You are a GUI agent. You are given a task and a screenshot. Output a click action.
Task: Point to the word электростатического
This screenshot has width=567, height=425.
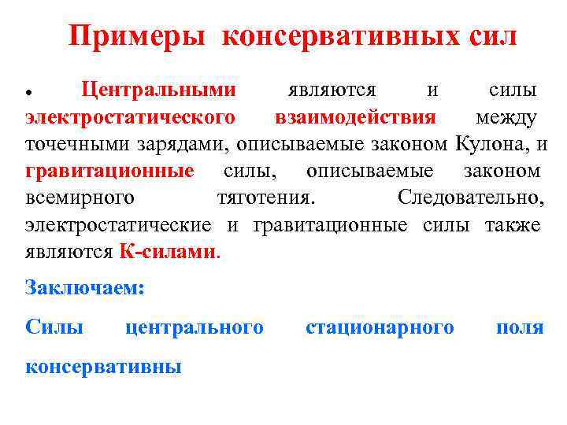(130, 118)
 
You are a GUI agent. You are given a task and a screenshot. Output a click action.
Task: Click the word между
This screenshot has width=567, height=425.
(506, 118)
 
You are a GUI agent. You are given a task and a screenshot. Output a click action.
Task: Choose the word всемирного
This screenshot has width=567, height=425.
(80, 198)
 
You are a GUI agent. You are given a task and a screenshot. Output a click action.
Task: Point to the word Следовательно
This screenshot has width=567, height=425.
(470, 198)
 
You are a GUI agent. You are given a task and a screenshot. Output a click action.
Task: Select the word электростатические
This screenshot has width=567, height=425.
(118, 225)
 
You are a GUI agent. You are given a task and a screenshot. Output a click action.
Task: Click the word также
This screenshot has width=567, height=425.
(512, 225)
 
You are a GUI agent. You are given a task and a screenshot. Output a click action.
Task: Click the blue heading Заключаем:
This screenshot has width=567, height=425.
(85, 288)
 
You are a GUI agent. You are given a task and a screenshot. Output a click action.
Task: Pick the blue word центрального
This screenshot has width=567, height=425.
(195, 327)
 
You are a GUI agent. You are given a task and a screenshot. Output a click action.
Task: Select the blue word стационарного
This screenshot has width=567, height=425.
(380, 327)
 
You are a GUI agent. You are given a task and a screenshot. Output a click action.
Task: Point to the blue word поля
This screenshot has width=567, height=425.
(519, 327)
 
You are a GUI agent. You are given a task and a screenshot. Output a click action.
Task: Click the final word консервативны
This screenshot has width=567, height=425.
(103, 366)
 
